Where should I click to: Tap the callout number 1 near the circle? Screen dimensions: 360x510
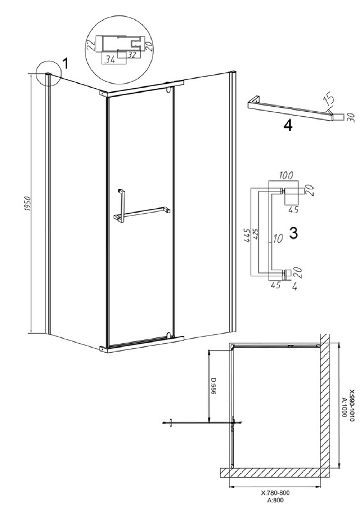[x=65, y=63]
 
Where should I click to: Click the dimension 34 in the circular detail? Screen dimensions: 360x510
[x=110, y=60]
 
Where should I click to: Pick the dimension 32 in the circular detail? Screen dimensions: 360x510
[x=132, y=55]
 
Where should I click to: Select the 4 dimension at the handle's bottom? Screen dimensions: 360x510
[x=294, y=287]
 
